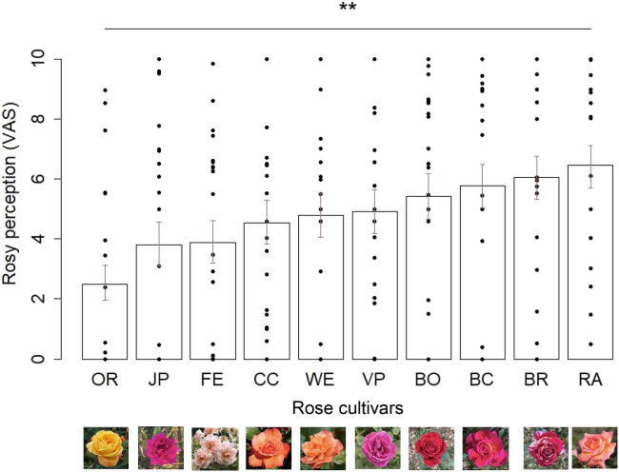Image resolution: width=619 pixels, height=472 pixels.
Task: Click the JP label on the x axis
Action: pyautogui.click(x=159, y=379)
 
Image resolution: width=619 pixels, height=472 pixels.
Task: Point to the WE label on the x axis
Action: pyautogui.click(x=321, y=379)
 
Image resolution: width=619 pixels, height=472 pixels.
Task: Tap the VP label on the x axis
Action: pyautogui.click(x=375, y=379)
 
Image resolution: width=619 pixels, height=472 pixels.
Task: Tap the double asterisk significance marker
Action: pyautogui.click(x=348, y=10)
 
